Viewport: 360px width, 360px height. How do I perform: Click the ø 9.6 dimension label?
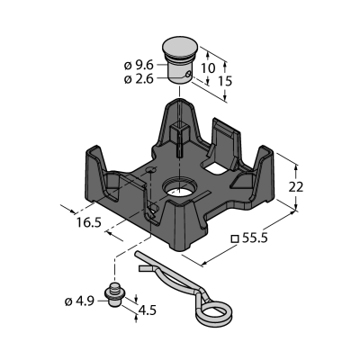(x=139, y=65)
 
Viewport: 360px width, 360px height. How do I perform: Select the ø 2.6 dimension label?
(x=139, y=79)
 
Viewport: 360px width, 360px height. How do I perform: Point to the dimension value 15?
(x=225, y=81)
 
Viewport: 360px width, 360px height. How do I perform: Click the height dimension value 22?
(x=296, y=187)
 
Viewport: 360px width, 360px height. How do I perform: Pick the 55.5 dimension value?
(x=255, y=238)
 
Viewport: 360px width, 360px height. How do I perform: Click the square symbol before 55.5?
(x=234, y=238)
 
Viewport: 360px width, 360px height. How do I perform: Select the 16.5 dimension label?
(x=88, y=222)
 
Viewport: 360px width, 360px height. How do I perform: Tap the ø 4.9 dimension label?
(x=79, y=301)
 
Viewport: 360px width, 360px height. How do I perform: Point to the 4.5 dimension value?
(x=147, y=310)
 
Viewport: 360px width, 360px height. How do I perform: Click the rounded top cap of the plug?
(x=180, y=47)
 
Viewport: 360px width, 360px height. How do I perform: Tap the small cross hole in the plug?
(x=188, y=74)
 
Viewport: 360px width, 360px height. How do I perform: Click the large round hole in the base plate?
(x=178, y=187)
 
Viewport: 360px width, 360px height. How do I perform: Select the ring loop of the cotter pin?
(x=213, y=310)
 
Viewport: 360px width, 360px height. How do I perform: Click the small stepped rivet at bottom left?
(x=113, y=294)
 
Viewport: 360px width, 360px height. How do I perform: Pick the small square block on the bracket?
(x=179, y=130)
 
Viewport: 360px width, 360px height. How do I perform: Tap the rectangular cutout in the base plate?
(x=213, y=166)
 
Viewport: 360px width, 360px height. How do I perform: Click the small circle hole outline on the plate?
(x=150, y=170)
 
